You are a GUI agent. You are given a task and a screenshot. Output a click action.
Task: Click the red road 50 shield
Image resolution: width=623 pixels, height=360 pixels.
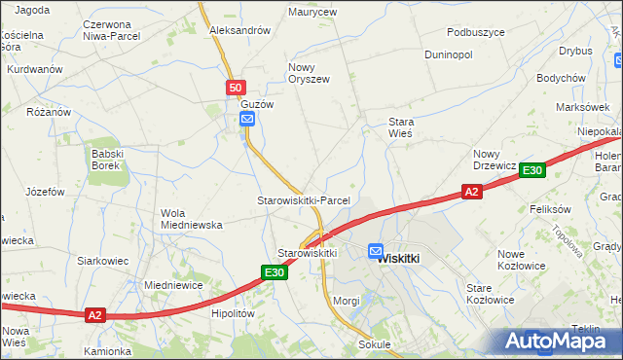click(237, 89)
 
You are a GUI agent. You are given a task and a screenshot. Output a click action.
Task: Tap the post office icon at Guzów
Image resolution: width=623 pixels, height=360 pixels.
click(247, 120)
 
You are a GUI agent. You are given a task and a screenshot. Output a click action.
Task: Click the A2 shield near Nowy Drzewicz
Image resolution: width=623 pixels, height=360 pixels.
click(471, 193)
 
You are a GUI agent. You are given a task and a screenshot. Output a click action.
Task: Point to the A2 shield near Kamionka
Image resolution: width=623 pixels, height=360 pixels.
click(94, 315)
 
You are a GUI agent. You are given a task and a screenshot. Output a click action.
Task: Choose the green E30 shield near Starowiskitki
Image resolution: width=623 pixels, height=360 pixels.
click(275, 273)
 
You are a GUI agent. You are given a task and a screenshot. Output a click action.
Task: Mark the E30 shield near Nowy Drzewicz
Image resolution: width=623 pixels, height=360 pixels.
click(531, 171)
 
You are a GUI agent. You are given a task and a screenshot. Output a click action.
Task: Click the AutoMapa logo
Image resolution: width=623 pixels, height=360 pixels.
click(557, 341)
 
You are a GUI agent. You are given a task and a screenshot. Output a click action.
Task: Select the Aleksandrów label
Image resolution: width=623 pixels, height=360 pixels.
click(240, 31)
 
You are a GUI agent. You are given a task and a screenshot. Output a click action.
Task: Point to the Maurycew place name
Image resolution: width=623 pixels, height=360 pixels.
click(312, 13)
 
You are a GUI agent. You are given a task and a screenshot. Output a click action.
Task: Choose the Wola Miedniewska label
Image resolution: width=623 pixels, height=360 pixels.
click(192, 218)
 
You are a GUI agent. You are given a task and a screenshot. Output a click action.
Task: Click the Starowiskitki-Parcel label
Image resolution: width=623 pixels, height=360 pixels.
click(303, 200)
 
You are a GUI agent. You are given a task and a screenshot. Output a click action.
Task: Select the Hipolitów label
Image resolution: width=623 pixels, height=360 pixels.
click(233, 314)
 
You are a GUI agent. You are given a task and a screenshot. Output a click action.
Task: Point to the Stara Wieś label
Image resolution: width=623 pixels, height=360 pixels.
click(401, 127)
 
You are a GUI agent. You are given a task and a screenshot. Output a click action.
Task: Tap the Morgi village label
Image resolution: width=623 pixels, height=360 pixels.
click(347, 301)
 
